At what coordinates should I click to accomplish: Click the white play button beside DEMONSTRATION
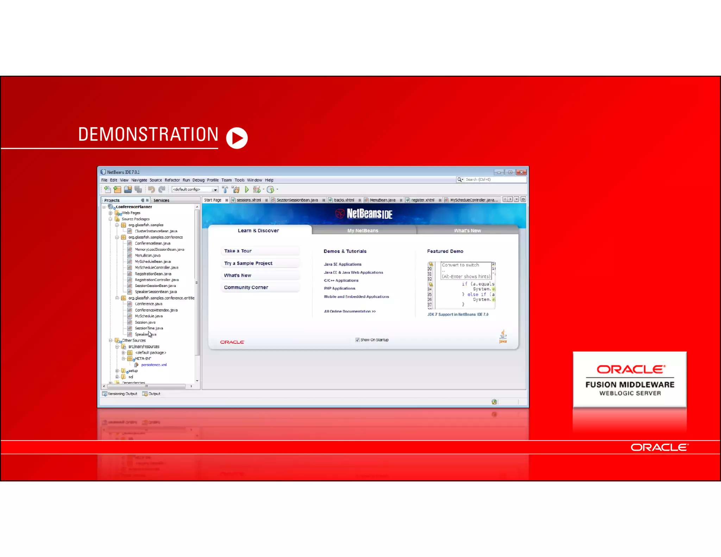(237, 138)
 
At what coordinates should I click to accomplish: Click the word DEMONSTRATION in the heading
(148, 134)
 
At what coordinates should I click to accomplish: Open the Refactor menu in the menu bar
(172, 180)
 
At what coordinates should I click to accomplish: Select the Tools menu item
(239, 180)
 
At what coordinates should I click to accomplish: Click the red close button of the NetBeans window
(521, 172)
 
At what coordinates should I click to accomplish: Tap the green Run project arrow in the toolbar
(247, 189)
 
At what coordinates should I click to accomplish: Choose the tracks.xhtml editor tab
(344, 200)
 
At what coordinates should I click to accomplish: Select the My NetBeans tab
(363, 231)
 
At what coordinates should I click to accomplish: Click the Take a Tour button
(238, 251)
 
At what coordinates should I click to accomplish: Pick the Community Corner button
(246, 288)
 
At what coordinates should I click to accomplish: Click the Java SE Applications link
(343, 264)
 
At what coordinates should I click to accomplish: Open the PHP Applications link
(339, 288)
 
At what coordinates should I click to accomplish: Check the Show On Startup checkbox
(357, 340)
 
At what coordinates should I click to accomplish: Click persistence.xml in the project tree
(154, 365)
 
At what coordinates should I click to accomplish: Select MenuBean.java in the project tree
(148, 256)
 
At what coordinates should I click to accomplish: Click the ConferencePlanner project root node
(134, 207)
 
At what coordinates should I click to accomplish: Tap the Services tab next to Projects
(161, 200)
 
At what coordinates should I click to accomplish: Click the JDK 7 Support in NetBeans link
(458, 314)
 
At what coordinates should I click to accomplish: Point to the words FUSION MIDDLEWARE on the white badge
(630, 384)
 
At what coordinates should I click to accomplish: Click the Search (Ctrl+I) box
(493, 180)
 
